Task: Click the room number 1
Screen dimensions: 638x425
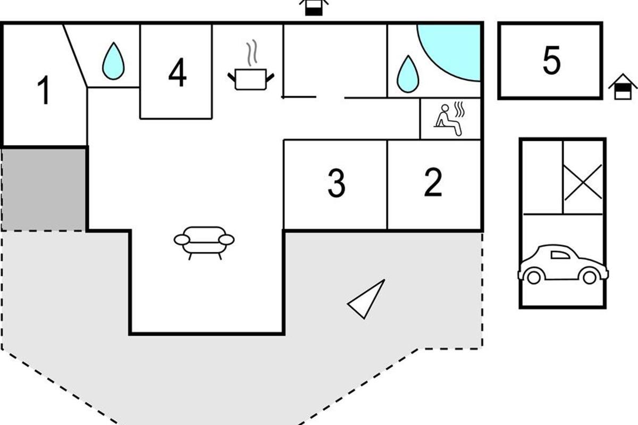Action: coord(44,90)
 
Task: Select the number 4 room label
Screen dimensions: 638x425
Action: coord(178,72)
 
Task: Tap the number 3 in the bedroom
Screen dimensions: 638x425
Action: coord(337,183)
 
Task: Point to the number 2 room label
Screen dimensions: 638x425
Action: coord(433,182)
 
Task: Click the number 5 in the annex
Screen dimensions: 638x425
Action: coord(552,60)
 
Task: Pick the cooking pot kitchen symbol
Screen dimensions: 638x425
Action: coord(251,79)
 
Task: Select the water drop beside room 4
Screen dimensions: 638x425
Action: coord(113,61)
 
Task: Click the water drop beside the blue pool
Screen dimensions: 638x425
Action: coord(408,74)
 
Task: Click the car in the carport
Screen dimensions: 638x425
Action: coord(563,265)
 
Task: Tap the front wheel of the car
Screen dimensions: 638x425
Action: coord(533,277)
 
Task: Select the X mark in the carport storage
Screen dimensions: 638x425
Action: coord(583,182)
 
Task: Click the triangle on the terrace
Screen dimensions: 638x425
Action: coord(366,299)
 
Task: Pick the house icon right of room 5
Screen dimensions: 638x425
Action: coord(623,87)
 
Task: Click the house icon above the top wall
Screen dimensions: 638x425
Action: coord(314,7)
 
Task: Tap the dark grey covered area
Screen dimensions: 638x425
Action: coord(44,189)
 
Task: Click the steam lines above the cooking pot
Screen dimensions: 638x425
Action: coord(252,53)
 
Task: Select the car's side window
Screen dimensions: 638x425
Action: coord(560,255)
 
